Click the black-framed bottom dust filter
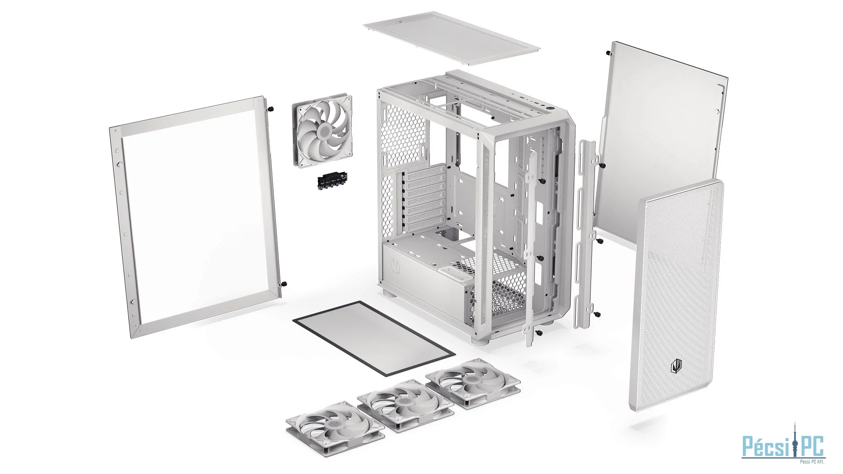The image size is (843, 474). [374, 338]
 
